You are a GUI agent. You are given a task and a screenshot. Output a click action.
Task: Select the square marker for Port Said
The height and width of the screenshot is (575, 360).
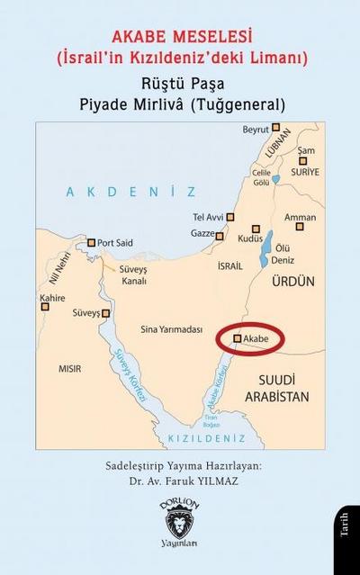coord(90,243)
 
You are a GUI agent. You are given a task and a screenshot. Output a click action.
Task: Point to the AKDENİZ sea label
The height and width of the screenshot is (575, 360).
coord(130,192)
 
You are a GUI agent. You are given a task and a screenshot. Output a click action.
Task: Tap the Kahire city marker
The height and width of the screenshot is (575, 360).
coord(45,307)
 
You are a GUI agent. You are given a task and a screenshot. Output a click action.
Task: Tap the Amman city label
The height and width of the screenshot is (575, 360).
coord(300,217)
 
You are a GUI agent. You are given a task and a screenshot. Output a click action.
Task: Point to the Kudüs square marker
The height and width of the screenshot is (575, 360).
coord(256,229)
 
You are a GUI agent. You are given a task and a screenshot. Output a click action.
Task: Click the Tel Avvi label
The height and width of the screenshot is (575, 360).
coord(208,217)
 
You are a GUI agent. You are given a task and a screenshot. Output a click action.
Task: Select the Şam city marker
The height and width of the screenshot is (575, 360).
coord(304,162)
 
